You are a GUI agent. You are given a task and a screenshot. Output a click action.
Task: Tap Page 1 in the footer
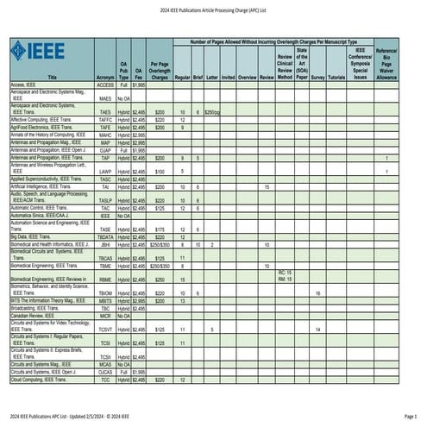pos(409,418)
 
